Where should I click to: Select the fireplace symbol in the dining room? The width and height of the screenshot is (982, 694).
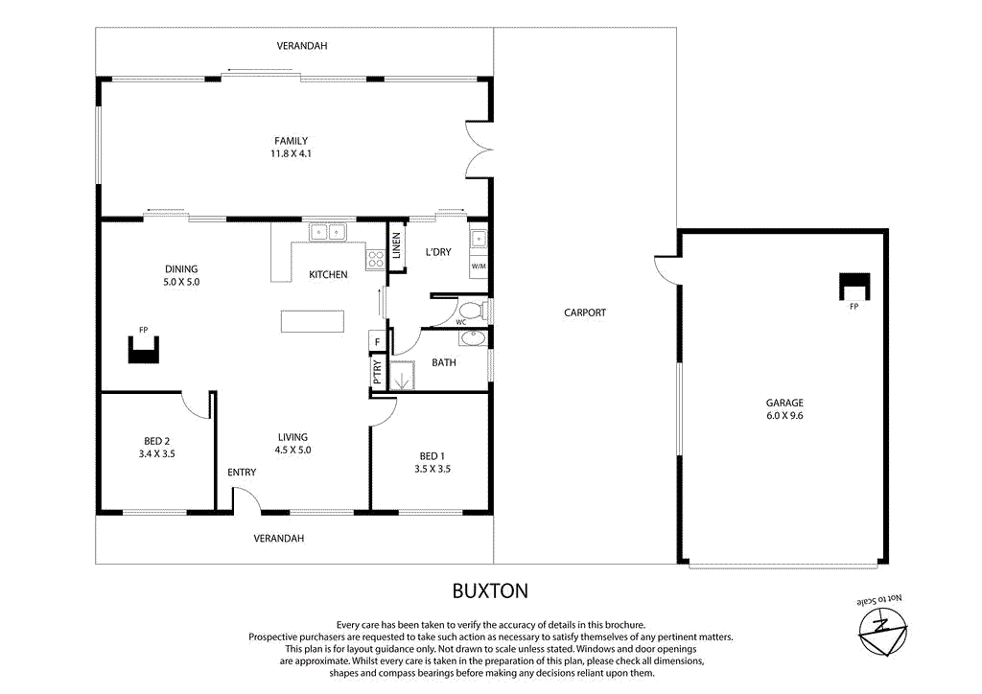click(143, 350)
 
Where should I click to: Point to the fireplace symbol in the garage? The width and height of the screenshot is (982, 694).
click(853, 286)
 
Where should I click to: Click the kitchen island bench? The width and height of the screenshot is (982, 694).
click(312, 321)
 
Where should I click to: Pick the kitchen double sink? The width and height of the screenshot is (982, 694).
click(327, 232)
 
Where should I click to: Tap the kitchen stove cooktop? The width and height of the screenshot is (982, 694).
click(374, 256)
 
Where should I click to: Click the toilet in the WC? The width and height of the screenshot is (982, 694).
click(472, 311)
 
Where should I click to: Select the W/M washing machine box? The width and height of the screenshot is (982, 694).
click(479, 265)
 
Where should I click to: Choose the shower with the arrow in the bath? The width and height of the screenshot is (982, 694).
click(401, 375)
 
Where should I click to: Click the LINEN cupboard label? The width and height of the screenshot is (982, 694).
click(395, 246)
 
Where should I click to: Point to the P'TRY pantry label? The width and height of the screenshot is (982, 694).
click(377, 372)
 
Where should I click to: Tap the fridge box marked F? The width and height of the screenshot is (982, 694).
click(377, 341)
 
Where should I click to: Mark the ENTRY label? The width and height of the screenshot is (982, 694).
click(242, 473)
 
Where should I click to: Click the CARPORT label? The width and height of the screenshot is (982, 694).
click(584, 312)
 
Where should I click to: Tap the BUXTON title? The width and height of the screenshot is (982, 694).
click(490, 590)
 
